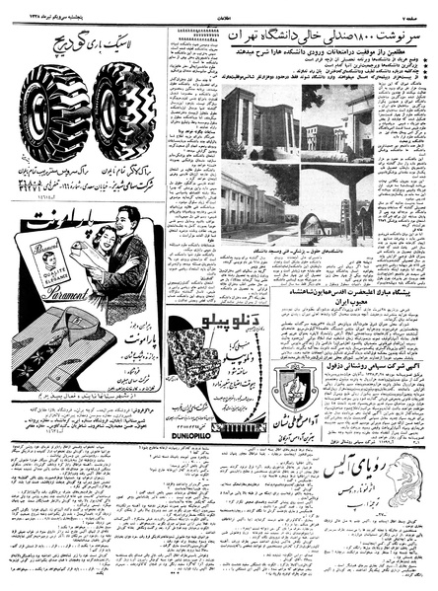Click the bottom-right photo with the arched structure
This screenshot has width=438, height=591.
click(x=337, y=204)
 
